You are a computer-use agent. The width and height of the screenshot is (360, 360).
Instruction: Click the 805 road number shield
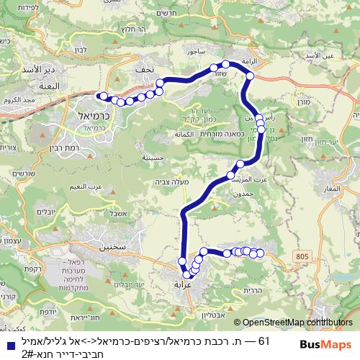click(x=300, y=256)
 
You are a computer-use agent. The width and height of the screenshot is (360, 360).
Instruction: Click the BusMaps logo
click(x=325, y=346)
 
